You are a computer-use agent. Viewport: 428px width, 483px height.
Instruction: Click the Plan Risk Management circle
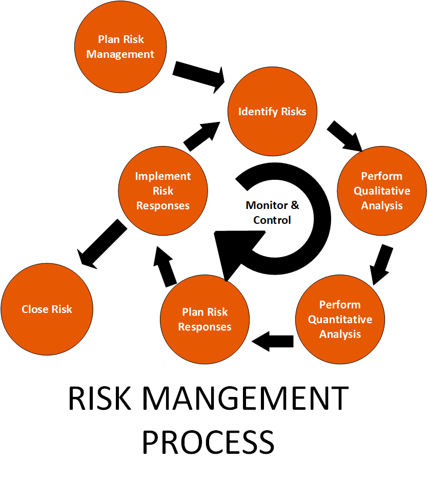coord(120,47)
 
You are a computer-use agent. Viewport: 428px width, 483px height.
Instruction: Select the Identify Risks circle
coord(272,111)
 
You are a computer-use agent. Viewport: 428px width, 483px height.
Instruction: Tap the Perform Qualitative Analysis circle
coord(381,191)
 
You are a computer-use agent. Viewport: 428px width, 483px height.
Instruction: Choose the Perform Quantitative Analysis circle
coord(340,320)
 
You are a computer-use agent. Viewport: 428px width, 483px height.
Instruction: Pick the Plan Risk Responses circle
coord(205,320)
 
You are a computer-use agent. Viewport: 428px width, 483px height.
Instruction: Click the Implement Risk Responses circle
coord(162,191)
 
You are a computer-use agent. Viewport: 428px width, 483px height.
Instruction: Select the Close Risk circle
coord(47,309)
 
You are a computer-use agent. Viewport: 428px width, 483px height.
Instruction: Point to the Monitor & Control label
coord(272,213)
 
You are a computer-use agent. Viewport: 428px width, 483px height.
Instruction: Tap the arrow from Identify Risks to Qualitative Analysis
coord(344,136)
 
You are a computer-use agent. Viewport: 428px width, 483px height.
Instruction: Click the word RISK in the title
coord(98,399)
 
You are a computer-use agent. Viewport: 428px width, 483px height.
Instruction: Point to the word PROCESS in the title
coord(208,442)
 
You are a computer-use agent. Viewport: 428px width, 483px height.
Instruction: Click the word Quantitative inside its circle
coord(340,320)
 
